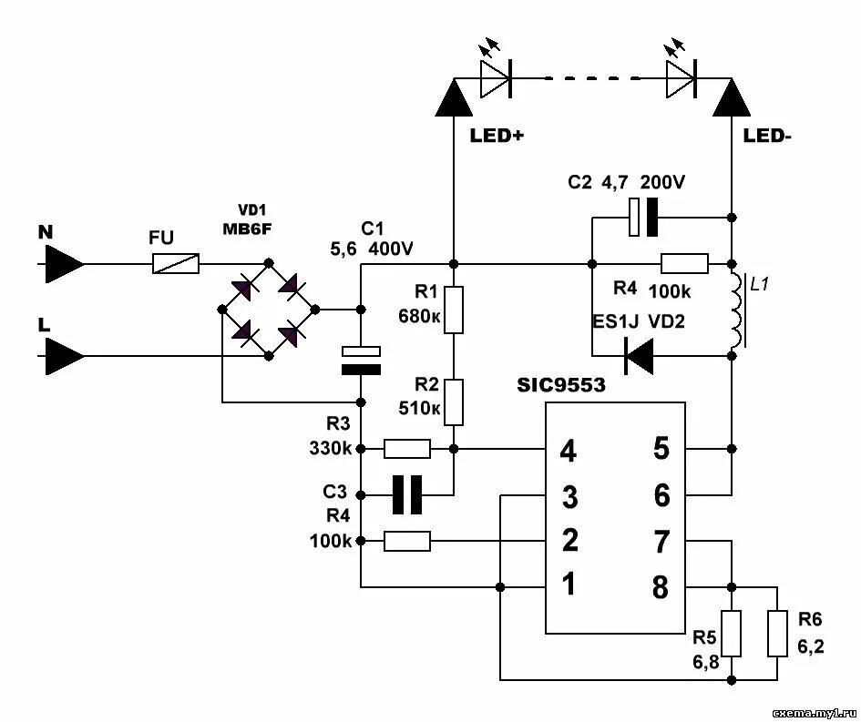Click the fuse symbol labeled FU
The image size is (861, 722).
(x=176, y=264)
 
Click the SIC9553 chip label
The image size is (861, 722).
(x=560, y=385)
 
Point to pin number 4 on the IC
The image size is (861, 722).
(x=568, y=451)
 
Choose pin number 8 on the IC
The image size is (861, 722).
(x=660, y=586)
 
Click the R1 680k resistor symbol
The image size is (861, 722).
(x=454, y=310)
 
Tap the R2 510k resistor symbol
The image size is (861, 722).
(x=454, y=402)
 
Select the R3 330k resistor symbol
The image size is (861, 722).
(x=407, y=449)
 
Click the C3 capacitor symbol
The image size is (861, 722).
(x=407, y=495)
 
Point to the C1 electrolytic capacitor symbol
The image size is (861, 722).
(x=361, y=361)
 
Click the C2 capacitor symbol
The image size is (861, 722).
(x=643, y=218)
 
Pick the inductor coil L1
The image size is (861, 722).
(x=736, y=310)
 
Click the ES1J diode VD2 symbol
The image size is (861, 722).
(x=639, y=356)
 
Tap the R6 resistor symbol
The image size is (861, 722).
(x=777, y=633)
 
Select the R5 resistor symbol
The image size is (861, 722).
(x=732, y=633)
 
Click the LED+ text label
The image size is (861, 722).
(x=497, y=136)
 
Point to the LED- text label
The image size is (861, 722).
(x=768, y=136)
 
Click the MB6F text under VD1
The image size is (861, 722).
(x=247, y=229)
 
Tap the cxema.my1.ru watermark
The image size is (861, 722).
(x=814, y=713)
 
